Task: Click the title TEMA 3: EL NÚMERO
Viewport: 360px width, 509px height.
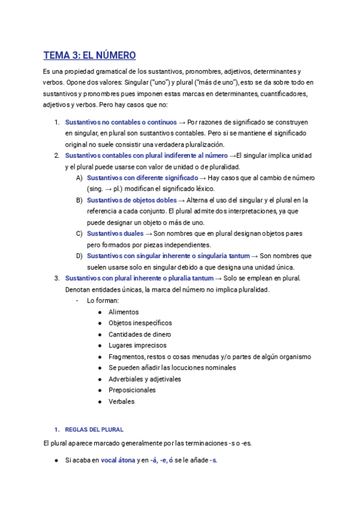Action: pos(89,56)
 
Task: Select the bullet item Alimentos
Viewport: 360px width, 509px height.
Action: pos(124,312)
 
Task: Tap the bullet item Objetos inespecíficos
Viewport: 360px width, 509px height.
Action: pos(140,323)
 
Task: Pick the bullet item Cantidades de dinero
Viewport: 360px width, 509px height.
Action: pos(140,334)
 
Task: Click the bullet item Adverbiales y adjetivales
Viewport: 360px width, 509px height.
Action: pos(145,379)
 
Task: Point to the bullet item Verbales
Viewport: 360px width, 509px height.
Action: pos(122,402)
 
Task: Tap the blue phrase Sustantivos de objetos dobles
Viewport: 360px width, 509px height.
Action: pos(131,200)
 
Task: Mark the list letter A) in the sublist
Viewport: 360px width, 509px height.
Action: pos(79,178)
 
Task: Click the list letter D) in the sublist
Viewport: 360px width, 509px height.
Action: pos(79,256)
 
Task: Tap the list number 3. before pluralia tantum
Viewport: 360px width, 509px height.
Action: pos(56,278)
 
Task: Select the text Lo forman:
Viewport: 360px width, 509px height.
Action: pos(103,300)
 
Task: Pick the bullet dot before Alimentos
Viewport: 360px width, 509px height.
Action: pos(99,312)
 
